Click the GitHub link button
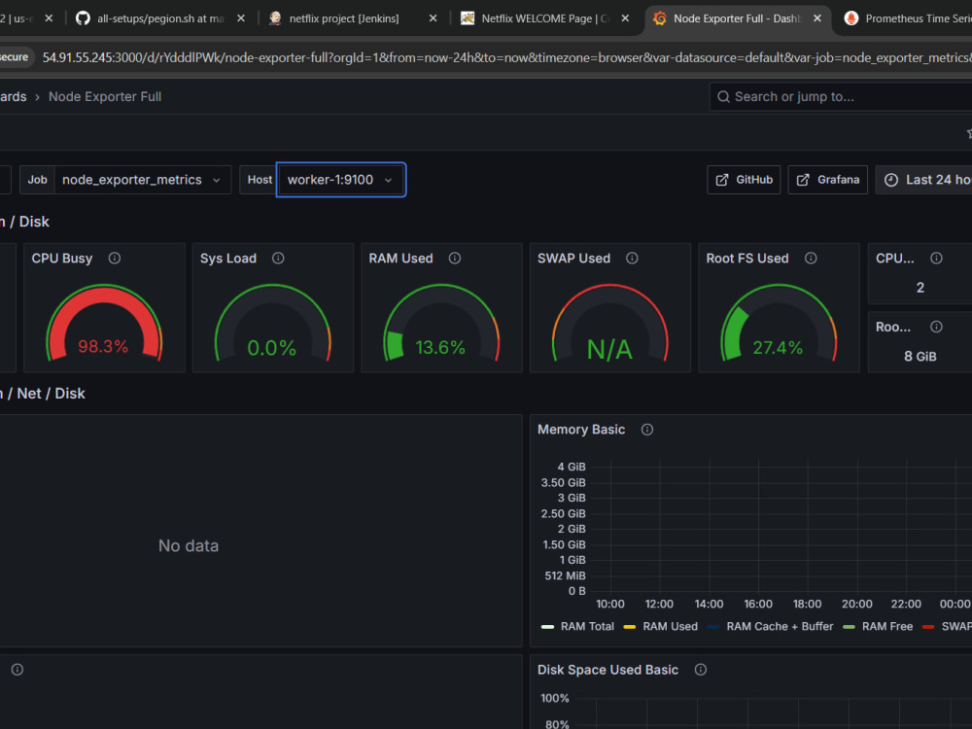744,180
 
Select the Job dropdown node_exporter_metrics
142,180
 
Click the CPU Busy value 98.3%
103,346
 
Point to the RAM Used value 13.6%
440,347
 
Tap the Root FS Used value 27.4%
778,347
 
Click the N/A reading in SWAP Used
610,350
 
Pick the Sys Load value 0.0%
271,348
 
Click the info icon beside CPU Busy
115,258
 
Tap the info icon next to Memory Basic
647,430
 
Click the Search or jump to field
841,96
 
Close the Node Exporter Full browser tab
817,18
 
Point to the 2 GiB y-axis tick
572,529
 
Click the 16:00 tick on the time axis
758,604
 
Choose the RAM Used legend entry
661,626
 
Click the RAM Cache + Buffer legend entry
771,626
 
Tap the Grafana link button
827,180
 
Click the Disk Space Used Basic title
607,670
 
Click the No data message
189,545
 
